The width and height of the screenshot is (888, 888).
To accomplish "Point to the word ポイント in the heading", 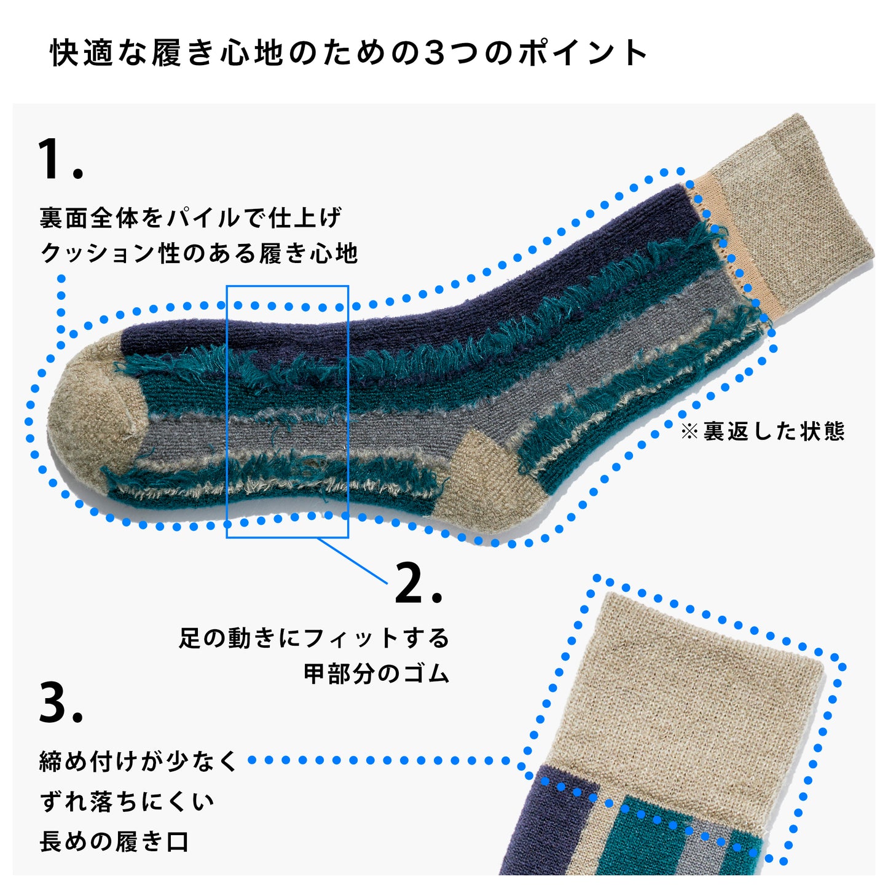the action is (x=583, y=53).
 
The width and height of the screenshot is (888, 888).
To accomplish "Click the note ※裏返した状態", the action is (x=763, y=431).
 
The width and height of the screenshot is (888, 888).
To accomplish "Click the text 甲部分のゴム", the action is (x=376, y=674).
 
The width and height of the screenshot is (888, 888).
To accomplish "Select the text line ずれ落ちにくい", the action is (x=127, y=802).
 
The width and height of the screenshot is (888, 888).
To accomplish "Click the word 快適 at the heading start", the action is (x=81, y=53).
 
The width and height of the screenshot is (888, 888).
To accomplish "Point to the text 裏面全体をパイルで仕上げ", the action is (x=191, y=218).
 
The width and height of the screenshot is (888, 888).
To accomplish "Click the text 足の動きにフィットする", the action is (x=314, y=638).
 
